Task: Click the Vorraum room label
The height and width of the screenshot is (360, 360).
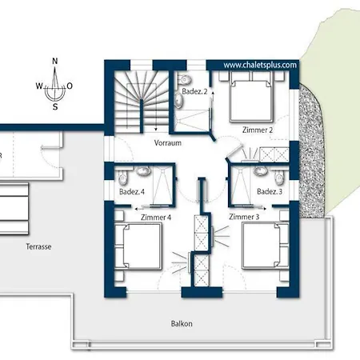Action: click(x=168, y=142)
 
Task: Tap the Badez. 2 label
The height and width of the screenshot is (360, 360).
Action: click(x=194, y=91)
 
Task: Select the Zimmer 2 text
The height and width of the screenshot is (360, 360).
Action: click(x=258, y=130)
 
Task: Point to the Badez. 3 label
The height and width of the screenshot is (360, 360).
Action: click(x=270, y=191)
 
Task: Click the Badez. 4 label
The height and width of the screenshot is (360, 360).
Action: click(x=132, y=191)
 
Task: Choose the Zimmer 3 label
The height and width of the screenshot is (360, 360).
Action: click(x=244, y=217)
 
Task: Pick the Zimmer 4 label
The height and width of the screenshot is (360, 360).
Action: click(x=156, y=218)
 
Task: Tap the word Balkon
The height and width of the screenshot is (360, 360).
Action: click(x=182, y=323)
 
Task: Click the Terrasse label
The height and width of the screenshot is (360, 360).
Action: click(x=38, y=246)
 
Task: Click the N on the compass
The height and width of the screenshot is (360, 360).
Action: click(x=55, y=61)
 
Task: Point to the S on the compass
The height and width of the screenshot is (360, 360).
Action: click(x=55, y=107)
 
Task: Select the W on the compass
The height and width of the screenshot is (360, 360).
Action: click(x=39, y=86)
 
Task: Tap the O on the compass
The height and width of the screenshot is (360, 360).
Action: click(x=70, y=86)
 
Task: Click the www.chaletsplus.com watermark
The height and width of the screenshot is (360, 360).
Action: click(x=260, y=65)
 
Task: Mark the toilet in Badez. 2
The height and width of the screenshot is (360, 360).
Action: click(x=184, y=79)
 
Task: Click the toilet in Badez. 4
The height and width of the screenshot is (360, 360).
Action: click(x=122, y=177)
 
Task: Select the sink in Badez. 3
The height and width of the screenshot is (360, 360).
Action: click(x=260, y=171)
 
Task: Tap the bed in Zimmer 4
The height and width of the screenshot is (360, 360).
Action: click(x=138, y=246)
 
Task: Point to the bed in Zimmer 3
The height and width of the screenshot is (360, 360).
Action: click(x=266, y=246)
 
